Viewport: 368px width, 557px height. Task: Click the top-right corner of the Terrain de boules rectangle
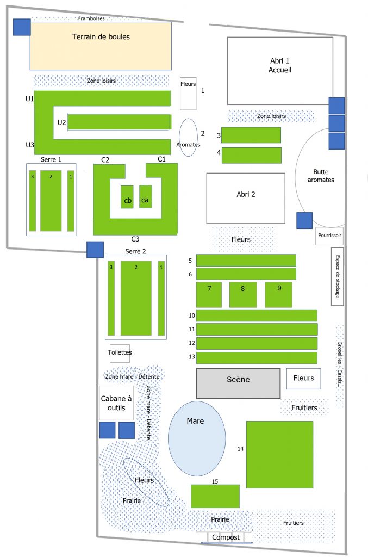pyautogui.click(x=171, y=22)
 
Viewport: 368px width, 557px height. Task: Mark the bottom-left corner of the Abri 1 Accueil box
pyautogui.click(x=227, y=104)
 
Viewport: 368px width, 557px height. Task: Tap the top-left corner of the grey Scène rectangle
pyautogui.click(x=197, y=369)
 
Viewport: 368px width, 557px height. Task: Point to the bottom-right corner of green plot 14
pyautogui.click(x=313, y=488)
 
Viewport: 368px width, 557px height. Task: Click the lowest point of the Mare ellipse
pyautogui.click(x=197, y=475)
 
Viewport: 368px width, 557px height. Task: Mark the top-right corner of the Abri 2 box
pyautogui.click(x=285, y=174)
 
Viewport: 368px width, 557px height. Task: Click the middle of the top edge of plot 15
pyautogui.click(x=215, y=485)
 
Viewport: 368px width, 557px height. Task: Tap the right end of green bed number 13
pyautogui.click(x=317, y=358)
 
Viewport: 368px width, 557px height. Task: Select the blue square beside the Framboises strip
pyautogui.click(x=22, y=27)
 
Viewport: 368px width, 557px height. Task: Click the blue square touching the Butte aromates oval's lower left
pyautogui.click(x=304, y=220)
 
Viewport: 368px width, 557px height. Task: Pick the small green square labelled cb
pyautogui.click(x=127, y=197)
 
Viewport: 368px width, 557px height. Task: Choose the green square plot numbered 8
pyautogui.click(x=243, y=294)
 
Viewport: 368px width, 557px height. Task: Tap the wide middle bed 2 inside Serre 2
pyautogui.click(x=136, y=299)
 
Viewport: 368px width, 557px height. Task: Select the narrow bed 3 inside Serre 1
pyautogui.click(x=32, y=201)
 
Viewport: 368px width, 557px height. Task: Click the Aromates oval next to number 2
pyautogui.click(x=188, y=138)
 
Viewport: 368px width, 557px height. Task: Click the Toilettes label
pyautogui.click(x=120, y=352)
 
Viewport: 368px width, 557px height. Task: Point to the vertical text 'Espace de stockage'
pyautogui.click(x=338, y=277)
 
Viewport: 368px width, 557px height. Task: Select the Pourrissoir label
pyautogui.click(x=329, y=235)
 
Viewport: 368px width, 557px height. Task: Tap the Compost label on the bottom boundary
pyautogui.click(x=226, y=537)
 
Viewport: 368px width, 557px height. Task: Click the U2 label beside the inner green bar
pyautogui.click(x=62, y=122)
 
